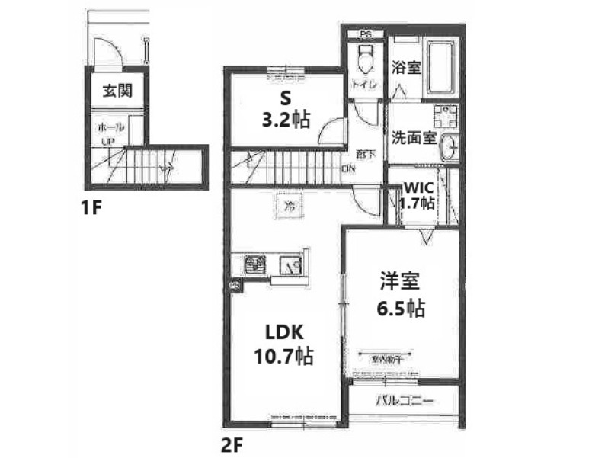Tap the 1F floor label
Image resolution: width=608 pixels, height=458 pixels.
click(91, 207)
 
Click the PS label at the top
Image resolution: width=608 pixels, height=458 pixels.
click(366, 34)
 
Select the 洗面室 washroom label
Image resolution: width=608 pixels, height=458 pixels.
click(414, 139)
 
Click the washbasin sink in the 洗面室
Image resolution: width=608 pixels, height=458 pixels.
click(450, 146)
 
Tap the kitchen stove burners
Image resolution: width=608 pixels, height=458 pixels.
click(254, 265)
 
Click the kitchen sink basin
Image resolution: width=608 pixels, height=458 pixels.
click(291, 266)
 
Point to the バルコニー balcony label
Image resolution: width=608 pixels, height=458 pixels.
click(405, 401)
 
